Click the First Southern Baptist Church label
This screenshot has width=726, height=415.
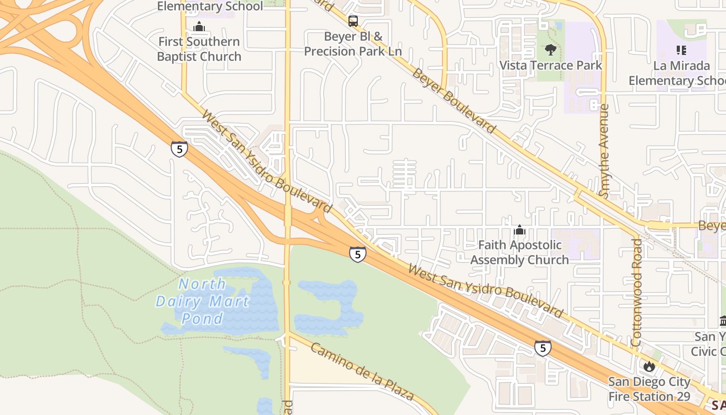(x=199, y=49)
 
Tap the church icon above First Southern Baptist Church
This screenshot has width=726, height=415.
(x=199, y=26)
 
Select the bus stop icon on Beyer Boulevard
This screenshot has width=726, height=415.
(x=353, y=21)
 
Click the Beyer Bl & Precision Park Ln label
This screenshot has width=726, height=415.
(x=353, y=44)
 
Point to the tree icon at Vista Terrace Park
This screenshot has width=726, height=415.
(x=550, y=50)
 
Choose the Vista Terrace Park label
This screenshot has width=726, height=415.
(x=550, y=65)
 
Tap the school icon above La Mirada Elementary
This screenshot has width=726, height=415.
(x=681, y=50)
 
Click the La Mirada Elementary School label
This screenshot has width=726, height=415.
(x=677, y=73)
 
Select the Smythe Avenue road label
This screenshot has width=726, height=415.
(x=604, y=150)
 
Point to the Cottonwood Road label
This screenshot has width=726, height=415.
(x=637, y=292)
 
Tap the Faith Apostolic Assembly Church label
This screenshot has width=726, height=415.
(x=520, y=252)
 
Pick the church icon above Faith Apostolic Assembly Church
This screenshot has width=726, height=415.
(x=520, y=230)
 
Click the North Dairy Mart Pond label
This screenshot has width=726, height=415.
(x=202, y=301)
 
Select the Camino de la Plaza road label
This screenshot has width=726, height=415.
(x=362, y=371)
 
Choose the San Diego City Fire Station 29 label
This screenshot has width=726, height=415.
(x=649, y=389)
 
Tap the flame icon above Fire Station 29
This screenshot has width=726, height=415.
(x=649, y=366)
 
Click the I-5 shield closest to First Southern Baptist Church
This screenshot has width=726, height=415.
(x=179, y=149)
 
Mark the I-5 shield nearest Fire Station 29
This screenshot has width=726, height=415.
(x=542, y=348)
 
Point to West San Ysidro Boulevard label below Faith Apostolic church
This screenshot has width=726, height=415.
(x=485, y=290)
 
